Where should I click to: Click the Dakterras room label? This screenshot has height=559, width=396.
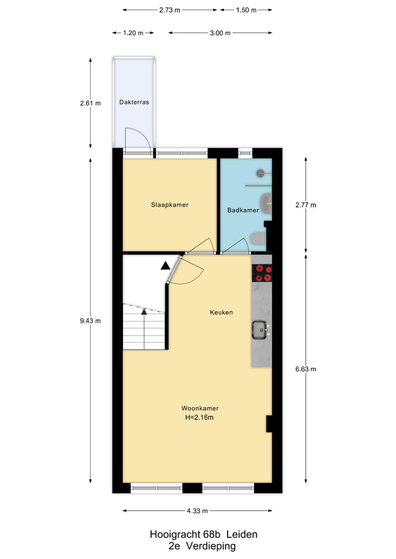click(x=134, y=102)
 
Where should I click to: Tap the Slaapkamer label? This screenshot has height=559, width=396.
click(x=170, y=205)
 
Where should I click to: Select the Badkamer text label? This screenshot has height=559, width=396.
click(x=243, y=210)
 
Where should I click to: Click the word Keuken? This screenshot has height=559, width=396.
click(x=221, y=312)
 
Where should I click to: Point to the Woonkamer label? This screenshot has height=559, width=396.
click(x=200, y=408)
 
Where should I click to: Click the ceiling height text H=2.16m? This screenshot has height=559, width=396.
click(x=200, y=418)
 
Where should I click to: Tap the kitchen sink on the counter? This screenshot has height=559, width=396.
click(x=260, y=329)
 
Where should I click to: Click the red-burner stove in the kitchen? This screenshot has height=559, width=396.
click(x=262, y=273)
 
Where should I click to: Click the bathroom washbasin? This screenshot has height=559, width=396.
click(x=266, y=203)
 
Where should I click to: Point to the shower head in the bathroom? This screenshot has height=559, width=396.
click(x=261, y=174)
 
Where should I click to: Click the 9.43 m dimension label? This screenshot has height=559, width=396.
click(x=90, y=321)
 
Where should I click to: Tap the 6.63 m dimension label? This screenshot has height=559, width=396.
click(x=306, y=369)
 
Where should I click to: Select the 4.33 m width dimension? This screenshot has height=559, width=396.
click(x=197, y=511)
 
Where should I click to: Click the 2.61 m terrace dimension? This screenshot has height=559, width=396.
click(x=90, y=103)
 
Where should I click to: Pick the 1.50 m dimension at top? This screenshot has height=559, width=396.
click(x=246, y=10)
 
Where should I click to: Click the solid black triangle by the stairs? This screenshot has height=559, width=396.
click(x=166, y=266)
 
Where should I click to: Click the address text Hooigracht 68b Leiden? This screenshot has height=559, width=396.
click(x=204, y=534)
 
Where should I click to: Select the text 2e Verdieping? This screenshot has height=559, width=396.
click(x=202, y=546)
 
